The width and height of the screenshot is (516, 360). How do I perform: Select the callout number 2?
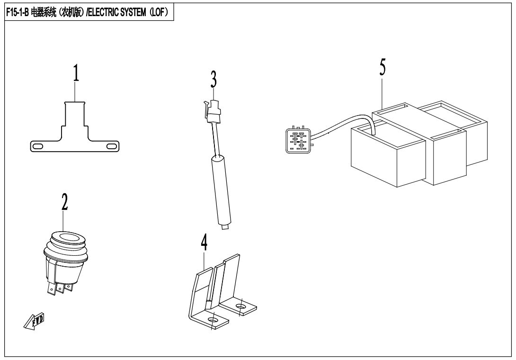[x=64, y=202]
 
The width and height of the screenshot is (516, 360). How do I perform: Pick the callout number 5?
[x=382, y=67]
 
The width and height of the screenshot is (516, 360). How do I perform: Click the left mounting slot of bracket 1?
[x=38, y=146]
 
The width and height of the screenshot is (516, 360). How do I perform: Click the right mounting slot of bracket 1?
[x=112, y=146]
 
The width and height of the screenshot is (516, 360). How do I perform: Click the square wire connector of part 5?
[x=298, y=139]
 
